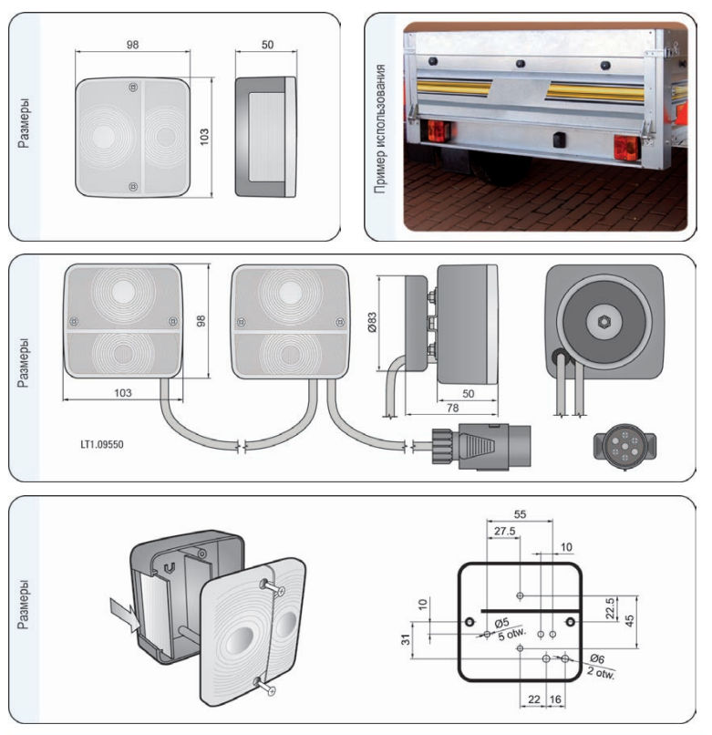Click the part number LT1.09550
[x=102, y=444]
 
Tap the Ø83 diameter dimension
[x=372, y=323]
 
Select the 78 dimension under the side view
[x=452, y=408]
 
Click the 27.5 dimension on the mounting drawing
[x=504, y=531]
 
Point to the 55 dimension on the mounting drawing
[x=520, y=514]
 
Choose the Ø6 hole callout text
[x=597, y=658]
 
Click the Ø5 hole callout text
[x=501, y=624]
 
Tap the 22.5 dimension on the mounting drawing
[x=610, y=608]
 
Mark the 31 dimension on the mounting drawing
[x=406, y=639]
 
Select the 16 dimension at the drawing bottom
[x=555, y=699]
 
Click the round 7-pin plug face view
[x=624, y=446]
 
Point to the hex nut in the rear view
[x=604, y=322]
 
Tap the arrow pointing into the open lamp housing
[x=125, y=614]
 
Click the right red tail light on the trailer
[x=626, y=147]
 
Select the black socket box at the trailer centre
[x=559, y=140]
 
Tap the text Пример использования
[x=380, y=129]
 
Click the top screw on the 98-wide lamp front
[x=133, y=88]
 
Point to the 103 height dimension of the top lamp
[x=204, y=137]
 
